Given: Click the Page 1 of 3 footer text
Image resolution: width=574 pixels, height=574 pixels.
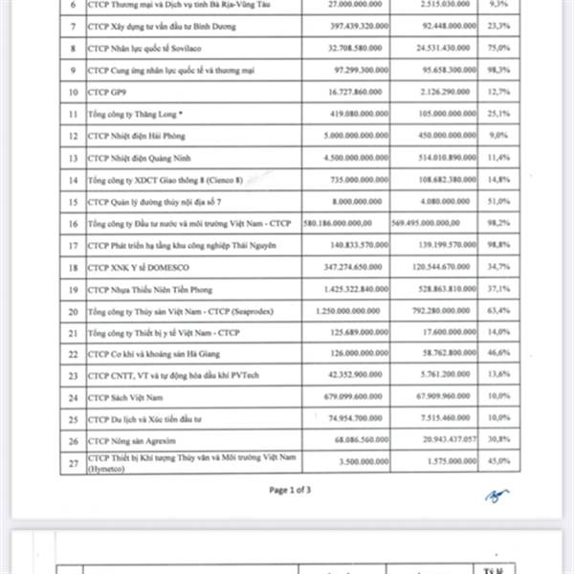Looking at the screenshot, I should click(290, 490).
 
